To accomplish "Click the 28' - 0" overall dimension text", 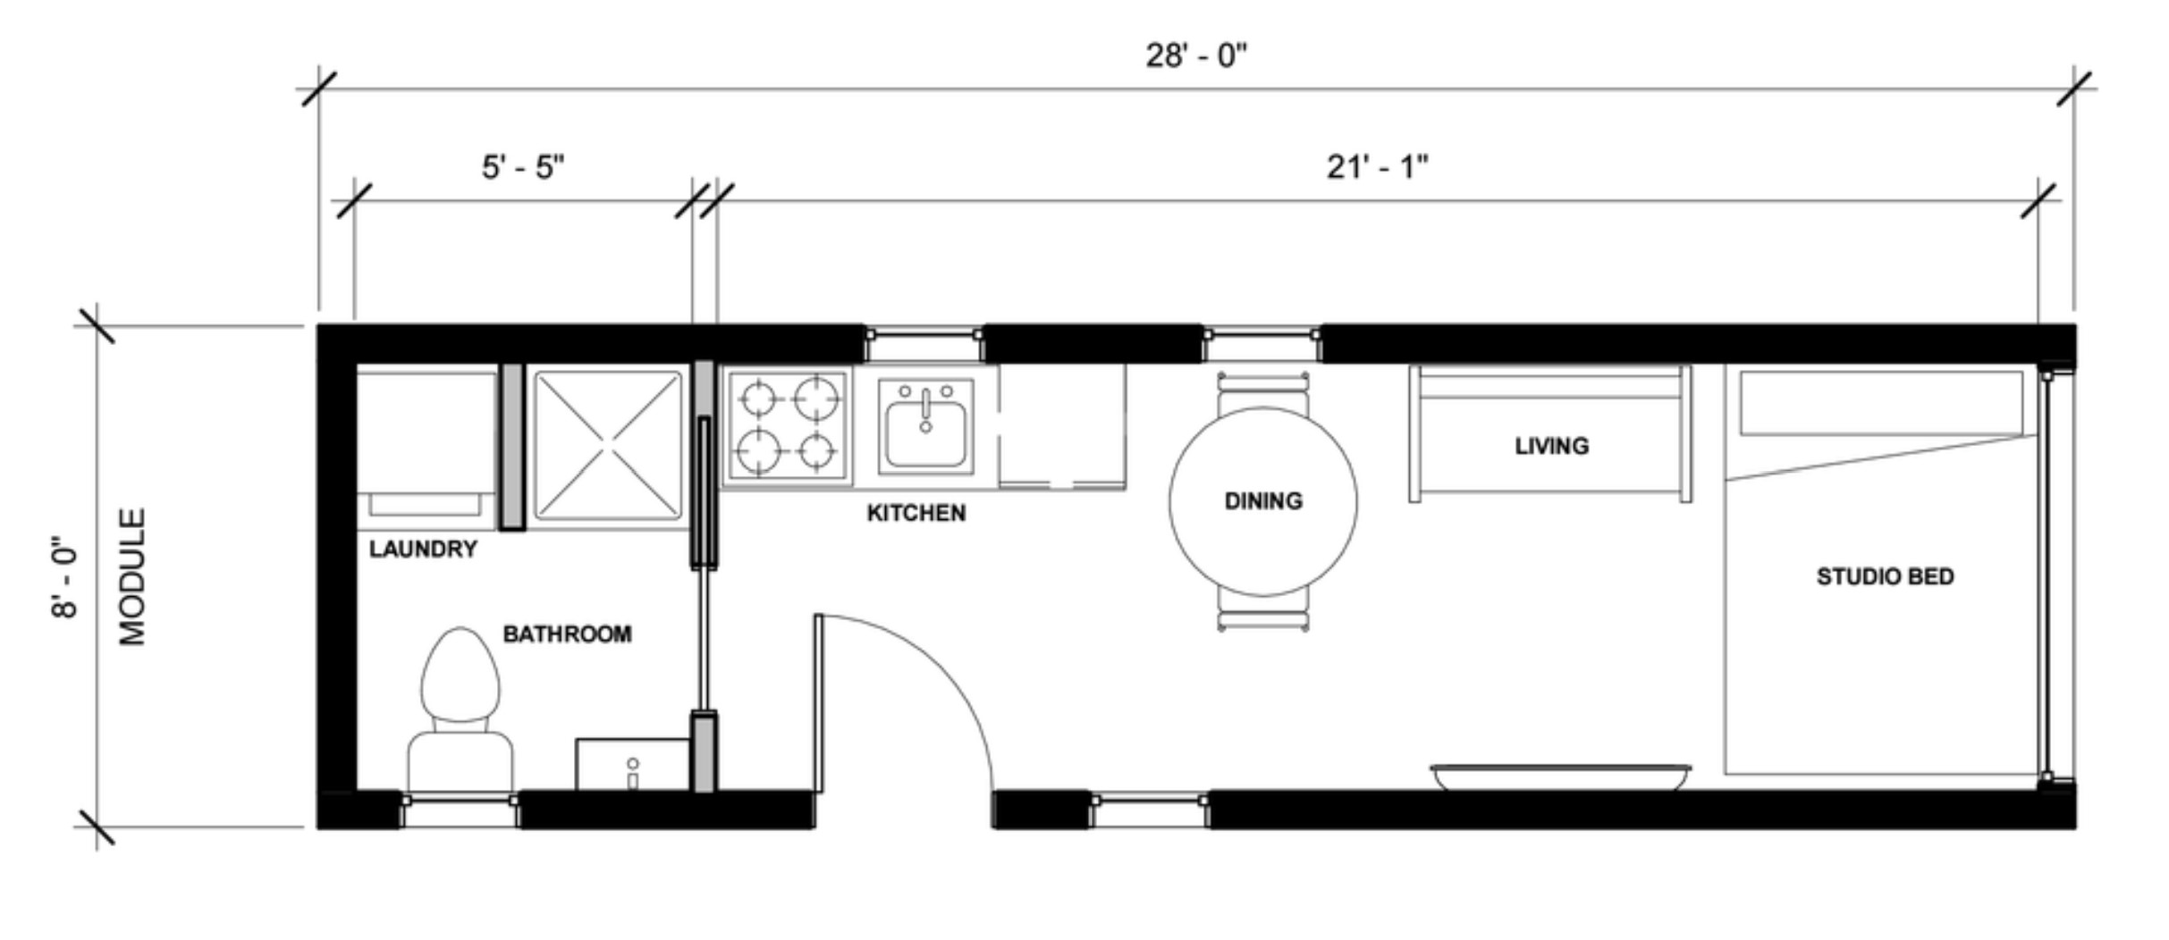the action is (x=1196, y=56).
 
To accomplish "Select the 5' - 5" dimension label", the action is (x=523, y=167).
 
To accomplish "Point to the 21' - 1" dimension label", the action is (x=1377, y=167).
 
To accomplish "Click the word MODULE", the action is (x=132, y=577).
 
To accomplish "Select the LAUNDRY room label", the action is (x=423, y=549).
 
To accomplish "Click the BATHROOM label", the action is (x=567, y=634).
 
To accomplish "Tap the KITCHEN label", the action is (x=916, y=513).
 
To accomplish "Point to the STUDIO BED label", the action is (x=1885, y=576).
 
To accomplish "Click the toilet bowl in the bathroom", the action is (x=460, y=675).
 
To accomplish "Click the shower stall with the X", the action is (x=607, y=445).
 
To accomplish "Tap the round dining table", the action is (x=1262, y=501).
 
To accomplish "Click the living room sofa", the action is (x=1550, y=433).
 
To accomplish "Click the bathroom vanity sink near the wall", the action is (x=633, y=765).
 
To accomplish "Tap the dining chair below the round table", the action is (x=1262, y=610).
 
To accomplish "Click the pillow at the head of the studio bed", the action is (x=1881, y=403).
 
